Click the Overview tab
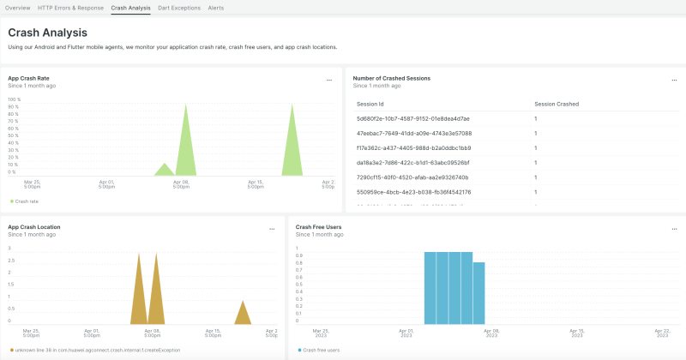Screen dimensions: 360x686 pyautogui.click(x=17, y=7)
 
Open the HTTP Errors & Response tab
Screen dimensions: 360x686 pyautogui.click(x=70, y=7)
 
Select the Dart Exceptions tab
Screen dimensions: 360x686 pyautogui.click(x=179, y=7)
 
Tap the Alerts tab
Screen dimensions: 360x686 pyautogui.click(x=216, y=7)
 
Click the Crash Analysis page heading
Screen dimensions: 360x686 pyautogui.click(x=47, y=33)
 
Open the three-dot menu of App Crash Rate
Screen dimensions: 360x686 pyautogui.click(x=328, y=80)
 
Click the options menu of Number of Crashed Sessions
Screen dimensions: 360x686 pyautogui.click(x=674, y=80)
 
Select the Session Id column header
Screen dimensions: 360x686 pyautogui.click(x=373, y=104)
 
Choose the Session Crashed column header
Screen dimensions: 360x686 pyautogui.click(x=556, y=104)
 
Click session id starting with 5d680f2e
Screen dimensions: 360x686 pyautogui.click(x=412, y=118)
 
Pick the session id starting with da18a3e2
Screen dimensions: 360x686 pyautogui.click(x=412, y=162)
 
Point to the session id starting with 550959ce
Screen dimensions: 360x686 pyautogui.click(x=413, y=192)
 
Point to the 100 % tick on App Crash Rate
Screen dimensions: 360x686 pyautogui.click(x=14, y=99)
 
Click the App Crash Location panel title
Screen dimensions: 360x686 pyautogui.click(x=33, y=227)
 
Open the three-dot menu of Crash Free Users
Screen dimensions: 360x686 pyautogui.click(x=674, y=229)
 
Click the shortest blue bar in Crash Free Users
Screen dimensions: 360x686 pyautogui.click(x=479, y=291)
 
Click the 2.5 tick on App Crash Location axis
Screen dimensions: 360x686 pyautogui.click(x=10, y=261)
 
